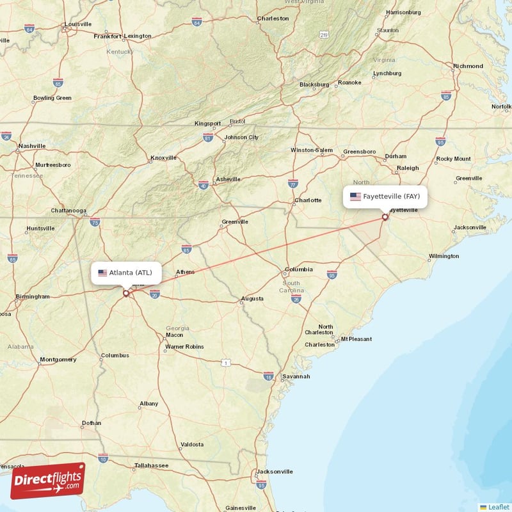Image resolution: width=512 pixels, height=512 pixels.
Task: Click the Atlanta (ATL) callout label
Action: (126, 273)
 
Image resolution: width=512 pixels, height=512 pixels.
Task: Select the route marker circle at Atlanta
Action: (126, 293)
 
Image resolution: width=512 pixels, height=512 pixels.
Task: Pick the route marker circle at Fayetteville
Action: (385, 217)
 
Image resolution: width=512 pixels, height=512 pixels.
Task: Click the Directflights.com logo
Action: (47, 481)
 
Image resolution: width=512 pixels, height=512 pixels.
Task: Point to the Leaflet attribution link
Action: (498, 507)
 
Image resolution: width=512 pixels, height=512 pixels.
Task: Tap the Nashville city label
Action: (32, 146)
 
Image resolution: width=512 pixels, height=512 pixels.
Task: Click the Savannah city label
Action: (296, 377)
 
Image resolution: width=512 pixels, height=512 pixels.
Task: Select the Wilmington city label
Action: (444, 256)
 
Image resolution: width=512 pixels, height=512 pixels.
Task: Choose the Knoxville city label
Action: (164, 158)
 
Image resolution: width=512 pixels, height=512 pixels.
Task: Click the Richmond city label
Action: (468, 66)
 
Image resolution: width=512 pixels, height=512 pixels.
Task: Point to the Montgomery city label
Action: (58, 360)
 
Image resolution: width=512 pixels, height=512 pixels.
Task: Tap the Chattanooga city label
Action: (68, 211)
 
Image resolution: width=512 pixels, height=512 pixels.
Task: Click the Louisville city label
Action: (78, 24)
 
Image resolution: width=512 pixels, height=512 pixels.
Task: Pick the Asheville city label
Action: (228, 179)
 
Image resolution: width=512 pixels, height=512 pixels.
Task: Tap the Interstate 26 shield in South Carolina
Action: (296, 299)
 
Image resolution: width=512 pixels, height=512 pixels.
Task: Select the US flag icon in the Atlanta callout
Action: (102, 273)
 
